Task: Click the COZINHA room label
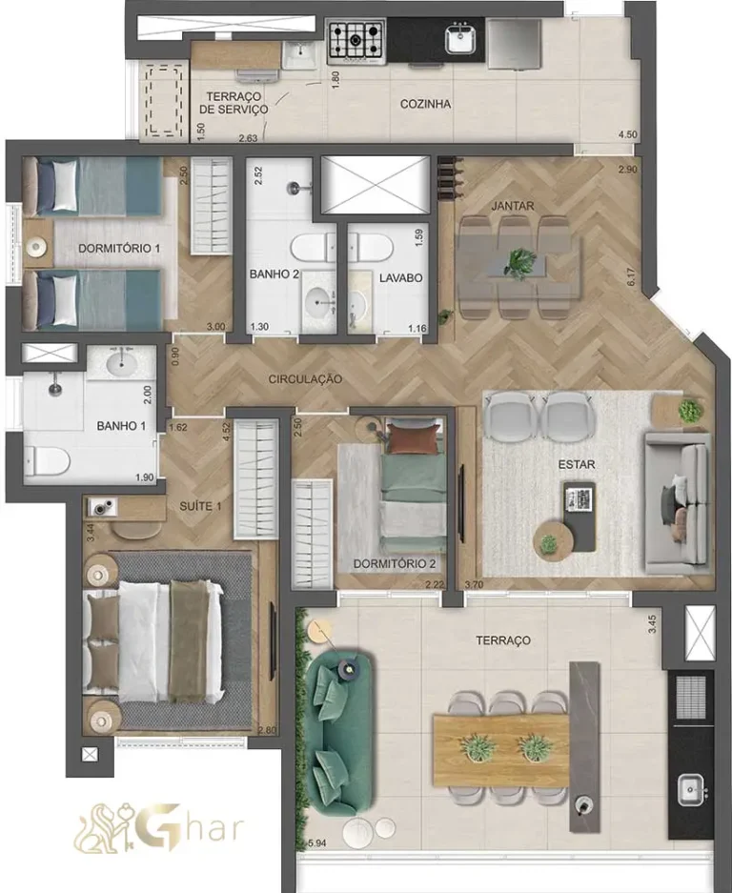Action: point(425,104)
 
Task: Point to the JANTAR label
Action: point(513,205)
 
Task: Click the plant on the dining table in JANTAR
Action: point(519,259)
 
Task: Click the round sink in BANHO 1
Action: point(121,364)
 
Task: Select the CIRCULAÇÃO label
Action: point(305,378)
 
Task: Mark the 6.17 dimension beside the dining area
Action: point(629,279)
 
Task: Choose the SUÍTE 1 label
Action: point(200,505)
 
